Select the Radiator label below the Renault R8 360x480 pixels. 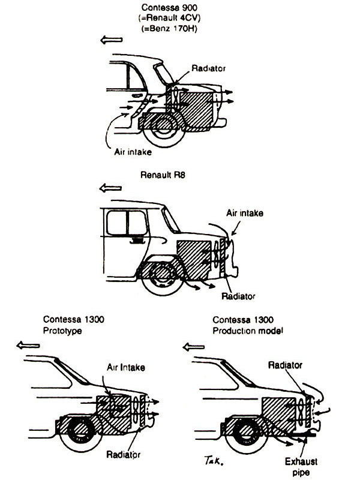coord(238,296)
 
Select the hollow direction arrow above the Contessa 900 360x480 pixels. coord(112,40)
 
